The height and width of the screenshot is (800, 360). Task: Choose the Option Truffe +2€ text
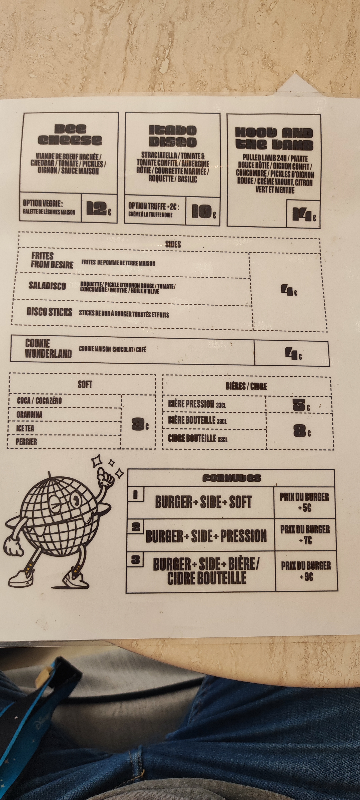(154, 206)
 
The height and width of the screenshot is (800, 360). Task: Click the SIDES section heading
(173, 244)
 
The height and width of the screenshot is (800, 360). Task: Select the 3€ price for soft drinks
(140, 424)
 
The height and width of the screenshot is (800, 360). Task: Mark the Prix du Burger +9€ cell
(306, 571)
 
